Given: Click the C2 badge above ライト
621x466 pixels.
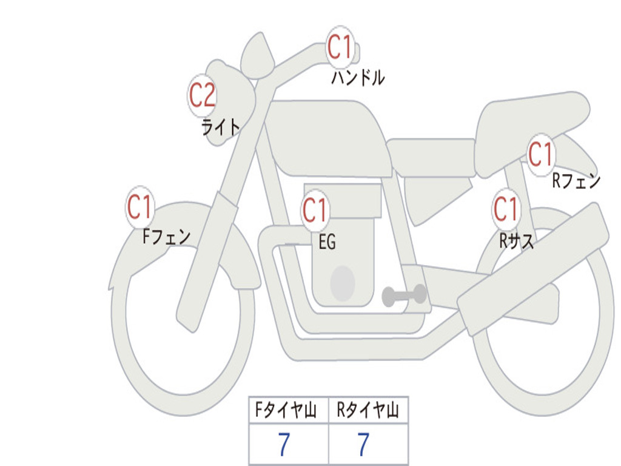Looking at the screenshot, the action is click(203, 95).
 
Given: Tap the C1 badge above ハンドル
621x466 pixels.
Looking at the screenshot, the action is click(340, 47).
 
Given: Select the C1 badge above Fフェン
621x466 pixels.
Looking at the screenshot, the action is click(140, 208).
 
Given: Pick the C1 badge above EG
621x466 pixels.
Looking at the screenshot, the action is click(315, 211).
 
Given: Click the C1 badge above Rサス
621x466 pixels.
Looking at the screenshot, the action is click(506, 210).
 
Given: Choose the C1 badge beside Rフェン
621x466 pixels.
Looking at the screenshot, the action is click(540, 154).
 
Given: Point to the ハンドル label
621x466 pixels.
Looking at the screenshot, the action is click(358, 78).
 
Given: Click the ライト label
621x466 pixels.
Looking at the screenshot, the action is click(221, 127).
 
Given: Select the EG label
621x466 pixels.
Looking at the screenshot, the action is click(327, 242).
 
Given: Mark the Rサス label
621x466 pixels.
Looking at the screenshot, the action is click(517, 241).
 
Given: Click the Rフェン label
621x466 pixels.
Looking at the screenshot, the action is click(576, 181).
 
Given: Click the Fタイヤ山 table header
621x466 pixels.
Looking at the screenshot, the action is click(289, 411).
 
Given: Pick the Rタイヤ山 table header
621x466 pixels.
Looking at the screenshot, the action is click(368, 411).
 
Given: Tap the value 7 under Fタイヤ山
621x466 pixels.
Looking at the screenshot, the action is click(284, 445).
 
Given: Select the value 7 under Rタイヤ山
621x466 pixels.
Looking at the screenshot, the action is click(363, 445).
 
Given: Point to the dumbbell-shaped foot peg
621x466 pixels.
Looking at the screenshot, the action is click(404, 295).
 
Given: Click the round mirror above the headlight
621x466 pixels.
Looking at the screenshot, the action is click(257, 56).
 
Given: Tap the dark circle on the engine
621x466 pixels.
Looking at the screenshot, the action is click(343, 283).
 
